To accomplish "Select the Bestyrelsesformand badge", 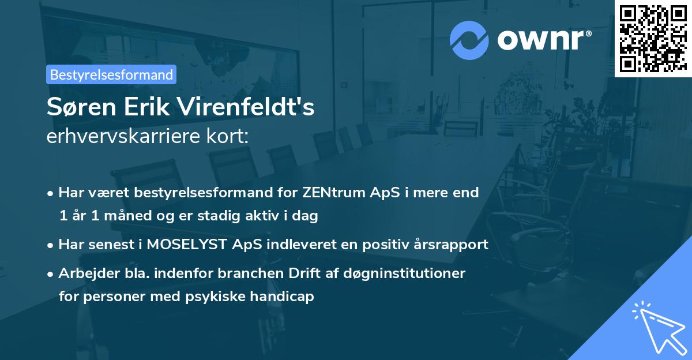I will pos(111,74).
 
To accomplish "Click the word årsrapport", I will pos(451,244).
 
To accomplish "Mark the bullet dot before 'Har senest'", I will pos(51,245).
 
